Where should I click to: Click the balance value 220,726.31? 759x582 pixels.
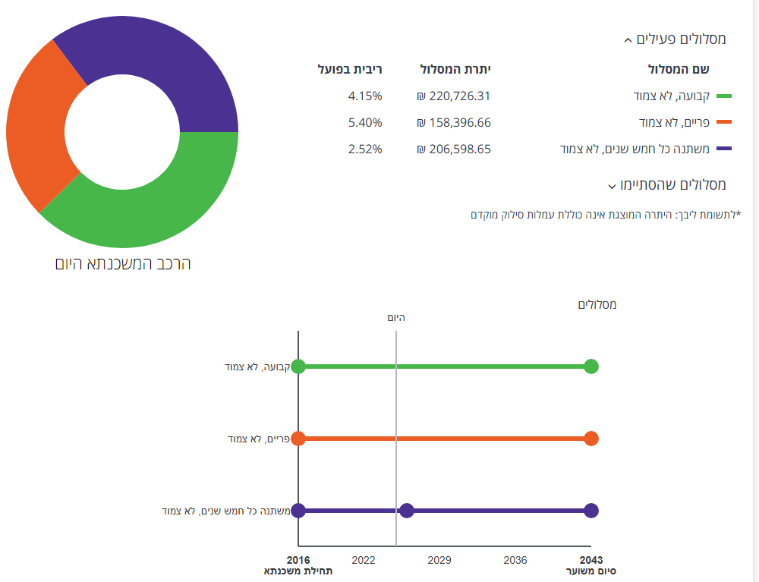[454, 96]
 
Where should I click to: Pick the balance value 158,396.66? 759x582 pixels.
[454, 122]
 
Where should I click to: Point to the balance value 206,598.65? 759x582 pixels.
[454, 149]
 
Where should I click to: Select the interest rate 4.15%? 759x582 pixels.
[365, 96]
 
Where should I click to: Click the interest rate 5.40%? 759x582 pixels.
[365, 122]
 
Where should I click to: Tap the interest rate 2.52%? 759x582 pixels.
[365, 149]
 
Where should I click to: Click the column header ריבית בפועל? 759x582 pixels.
[350, 70]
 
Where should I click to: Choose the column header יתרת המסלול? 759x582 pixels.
[455, 70]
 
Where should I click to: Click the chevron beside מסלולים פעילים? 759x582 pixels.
[627, 40]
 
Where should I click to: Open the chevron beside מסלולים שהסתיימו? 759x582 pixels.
[611, 186]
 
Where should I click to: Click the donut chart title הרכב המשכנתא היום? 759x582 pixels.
[123, 264]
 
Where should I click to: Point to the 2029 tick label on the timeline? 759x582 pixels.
[439, 560]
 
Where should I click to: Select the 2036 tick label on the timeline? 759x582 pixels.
[515, 560]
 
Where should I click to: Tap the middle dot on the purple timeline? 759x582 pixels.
[407, 511]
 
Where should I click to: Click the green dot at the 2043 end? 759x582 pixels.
[591, 367]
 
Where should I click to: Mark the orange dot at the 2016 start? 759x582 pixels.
[298, 439]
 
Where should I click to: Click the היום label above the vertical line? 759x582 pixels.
[396, 317]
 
